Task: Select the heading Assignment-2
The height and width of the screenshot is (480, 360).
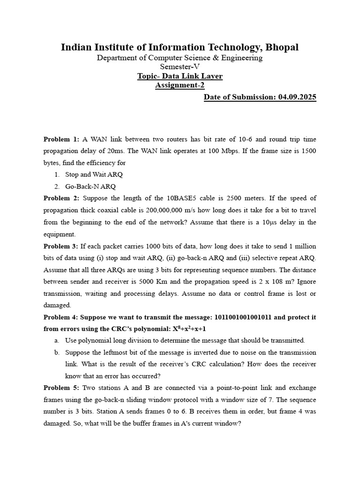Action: [x=180, y=86]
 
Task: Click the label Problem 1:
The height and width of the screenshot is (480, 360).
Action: [x=61, y=139]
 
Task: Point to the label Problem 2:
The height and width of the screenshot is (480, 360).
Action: [x=61, y=198]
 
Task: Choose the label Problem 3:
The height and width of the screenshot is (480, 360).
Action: [x=61, y=246]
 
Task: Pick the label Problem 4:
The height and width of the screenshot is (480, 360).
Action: [x=61, y=317]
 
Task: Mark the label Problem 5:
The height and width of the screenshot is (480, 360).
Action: [x=61, y=388]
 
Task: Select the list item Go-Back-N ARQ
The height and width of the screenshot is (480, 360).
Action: [x=90, y=186]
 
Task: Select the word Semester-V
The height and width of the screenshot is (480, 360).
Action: [x=180, y=67]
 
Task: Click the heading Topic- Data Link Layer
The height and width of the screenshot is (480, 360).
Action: [x=180, y=76]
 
